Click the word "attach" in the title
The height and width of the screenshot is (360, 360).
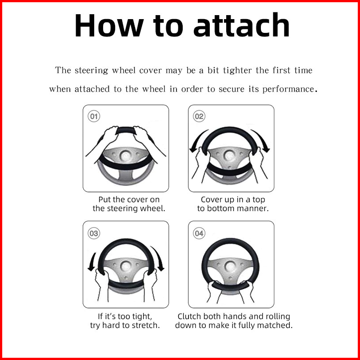241,25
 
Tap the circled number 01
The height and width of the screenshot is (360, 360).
94,116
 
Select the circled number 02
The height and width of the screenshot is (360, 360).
199,116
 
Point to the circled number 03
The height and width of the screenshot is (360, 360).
94,233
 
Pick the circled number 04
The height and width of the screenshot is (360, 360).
199,233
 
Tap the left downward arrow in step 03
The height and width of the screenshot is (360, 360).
93,262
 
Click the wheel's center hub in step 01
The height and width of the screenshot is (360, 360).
126,156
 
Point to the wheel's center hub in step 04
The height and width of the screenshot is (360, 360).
230,266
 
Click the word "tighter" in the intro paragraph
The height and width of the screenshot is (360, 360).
237,71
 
